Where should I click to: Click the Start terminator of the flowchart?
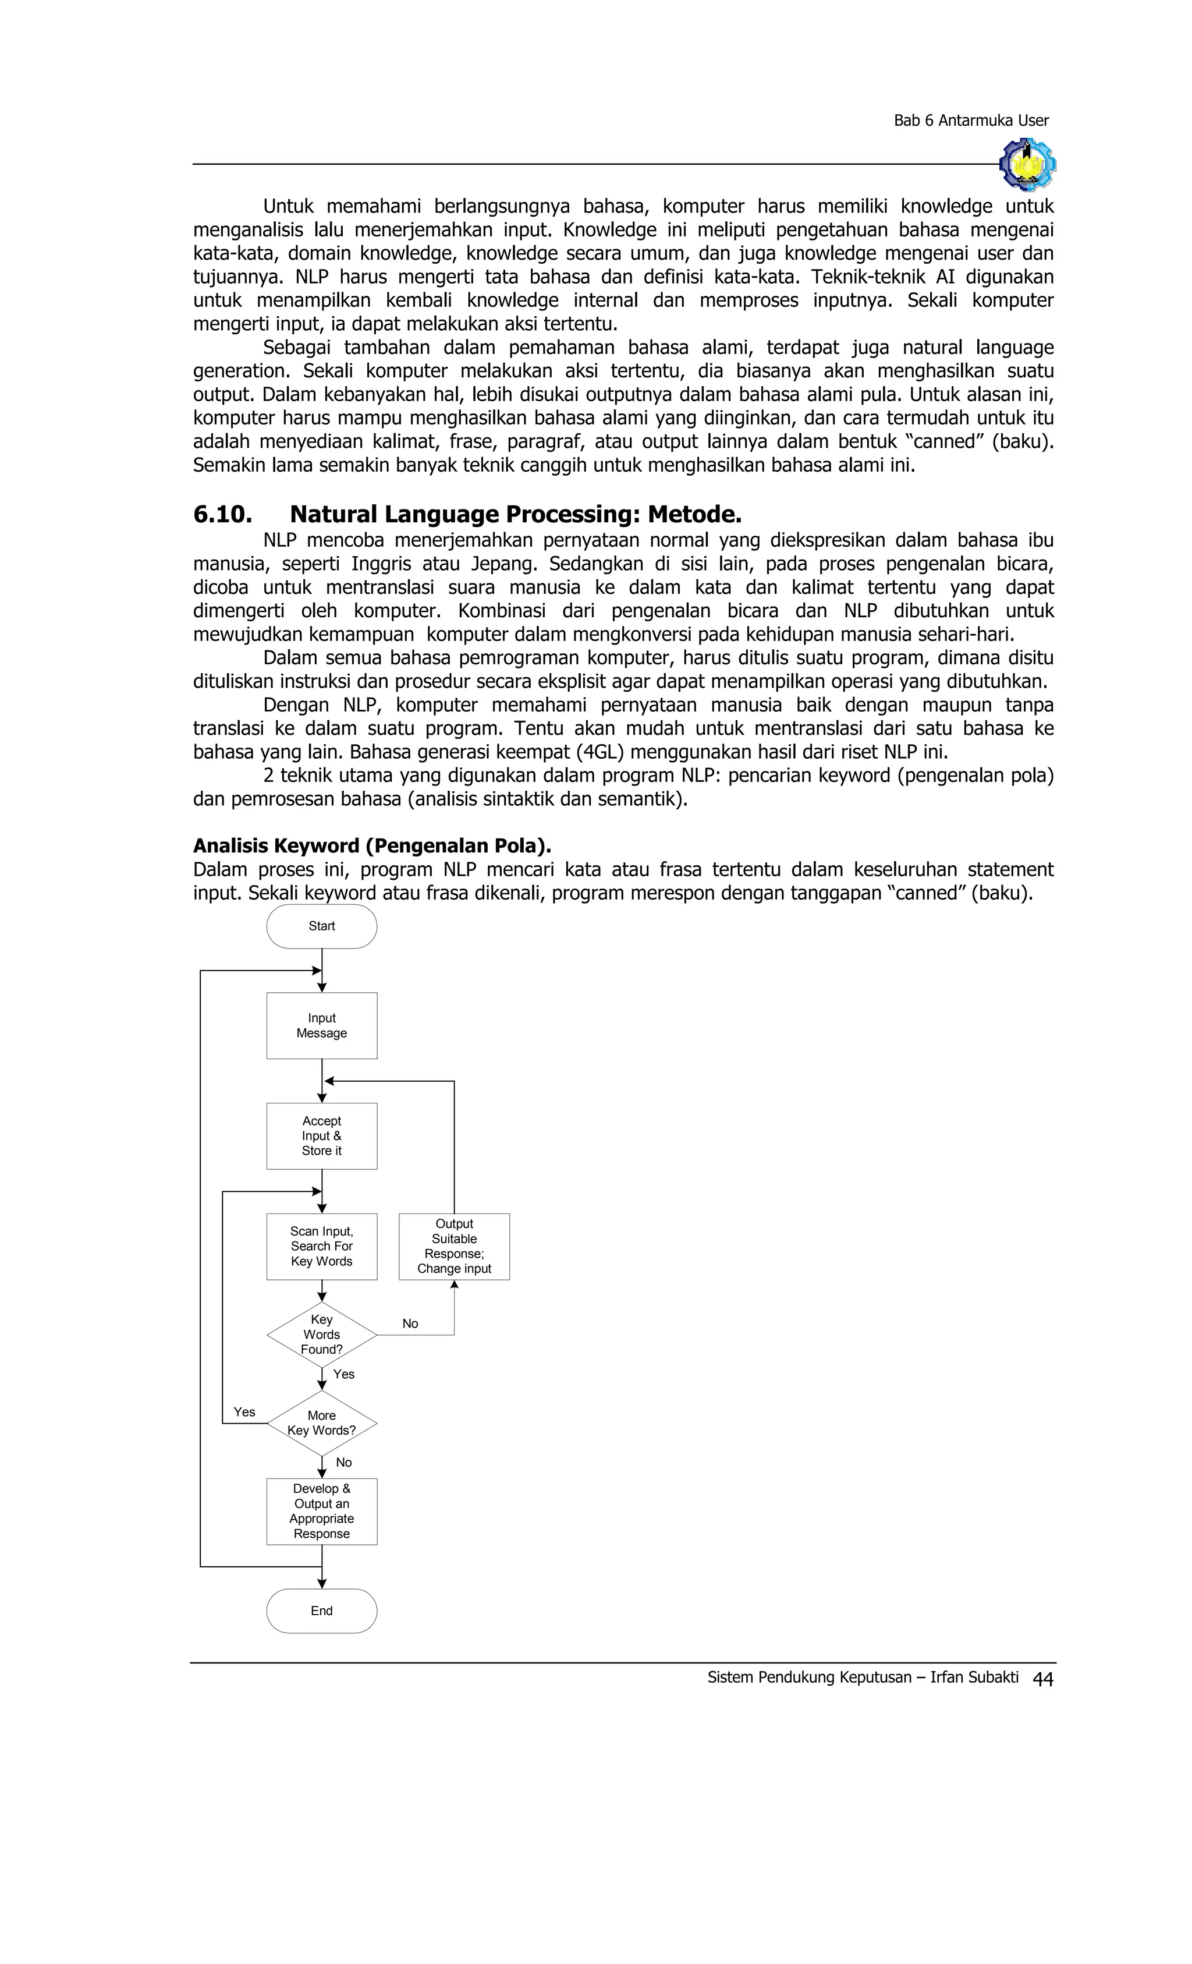(321, 926)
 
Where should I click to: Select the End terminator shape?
(321, 1611)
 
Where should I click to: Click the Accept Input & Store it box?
(321, 1136)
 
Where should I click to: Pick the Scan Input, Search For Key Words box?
(321, 1246)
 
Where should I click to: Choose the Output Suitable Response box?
(454, 1246)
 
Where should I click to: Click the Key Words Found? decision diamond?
(321, 1335)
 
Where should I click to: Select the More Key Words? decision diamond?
(321, 1423)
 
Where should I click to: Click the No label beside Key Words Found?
(410, 1324)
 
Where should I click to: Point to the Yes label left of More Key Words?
(244, 1411)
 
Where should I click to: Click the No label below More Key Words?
(343, 1462)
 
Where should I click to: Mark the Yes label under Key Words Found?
(343, 1374)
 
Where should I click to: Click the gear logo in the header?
(1027, 164)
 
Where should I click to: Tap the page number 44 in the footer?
(1042, 1679)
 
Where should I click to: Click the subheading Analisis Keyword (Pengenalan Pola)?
(372, 845)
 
